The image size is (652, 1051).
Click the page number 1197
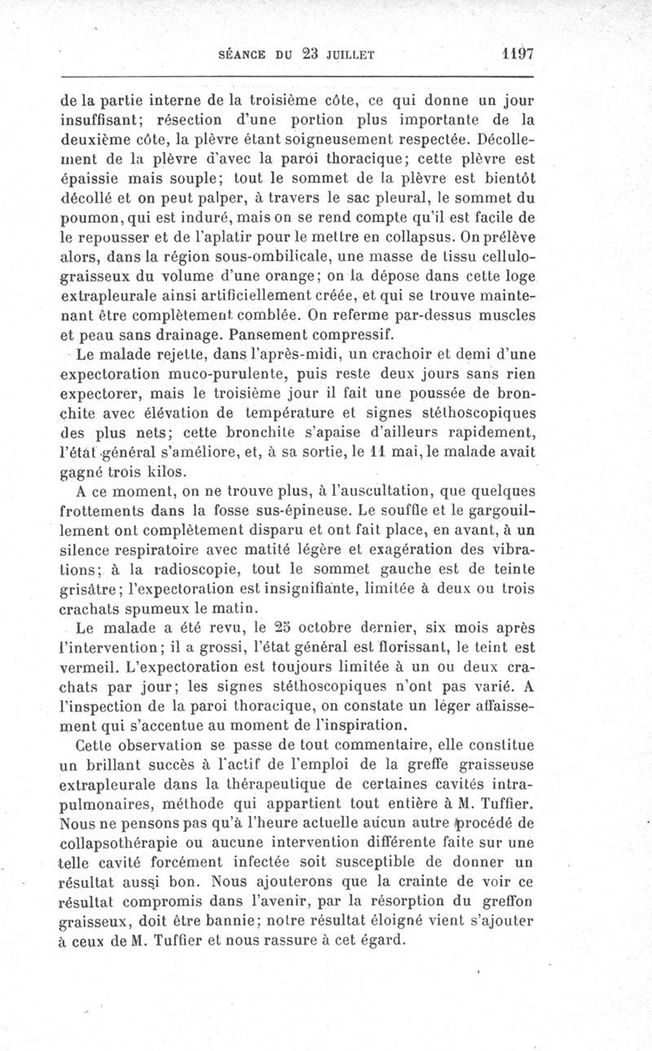tap(517, 55)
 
